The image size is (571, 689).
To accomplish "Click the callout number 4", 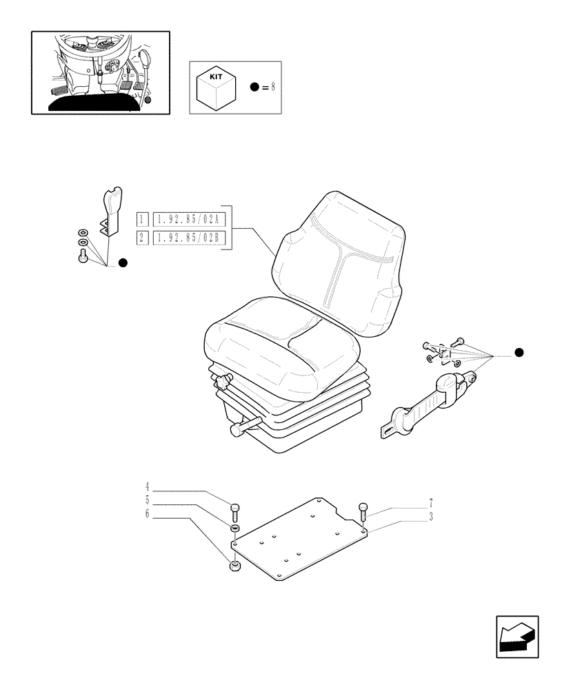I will click(x=147, y=491).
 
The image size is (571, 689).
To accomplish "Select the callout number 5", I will click(x=147, y=502).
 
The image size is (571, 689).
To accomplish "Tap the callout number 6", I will click(x=147, y=513).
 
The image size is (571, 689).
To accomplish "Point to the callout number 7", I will click(x=430, y=504).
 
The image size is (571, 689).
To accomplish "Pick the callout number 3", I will click(x=430, y=517).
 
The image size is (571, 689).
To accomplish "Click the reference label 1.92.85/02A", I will click(x=188, y=220).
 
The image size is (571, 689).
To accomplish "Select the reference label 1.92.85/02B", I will click(x=188, y=238).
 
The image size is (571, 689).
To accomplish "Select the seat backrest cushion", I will click(x=338, y=262).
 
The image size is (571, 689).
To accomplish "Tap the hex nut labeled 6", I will click(x=234, y=566).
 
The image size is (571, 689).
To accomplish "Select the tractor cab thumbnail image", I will click(x=101, y=72).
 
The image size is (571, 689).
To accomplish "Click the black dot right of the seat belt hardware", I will click(x=519, y=353).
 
